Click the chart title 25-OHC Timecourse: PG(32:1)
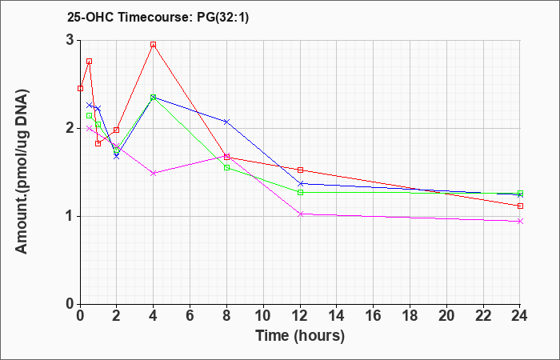(158, 17)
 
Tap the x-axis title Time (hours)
(300, 336)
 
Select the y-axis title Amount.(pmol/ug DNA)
(22, 171)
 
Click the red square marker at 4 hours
(154, 45)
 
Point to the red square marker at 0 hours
(80, 88)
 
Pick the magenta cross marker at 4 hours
(154, 174)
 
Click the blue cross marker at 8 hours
(226, 122)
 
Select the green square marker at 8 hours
(226, 167)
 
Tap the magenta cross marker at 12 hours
(300, 214)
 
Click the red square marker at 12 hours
(300, 170)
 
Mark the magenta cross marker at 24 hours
(520, 222)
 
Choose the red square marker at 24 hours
(520, 206)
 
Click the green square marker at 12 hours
(300, 193)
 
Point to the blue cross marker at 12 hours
(300, 183)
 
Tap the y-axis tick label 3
(70, 40)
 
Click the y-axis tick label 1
(70, 216)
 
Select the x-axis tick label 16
(374, 316)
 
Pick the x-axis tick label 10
(263, 316)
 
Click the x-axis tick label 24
(520, 316)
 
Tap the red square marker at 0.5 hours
(90, 61)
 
